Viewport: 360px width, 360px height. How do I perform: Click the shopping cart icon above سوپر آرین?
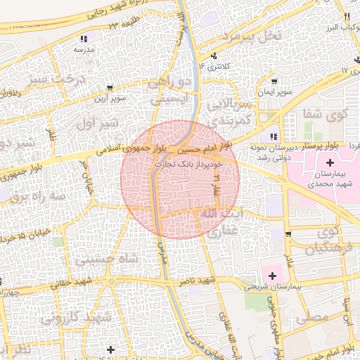110,88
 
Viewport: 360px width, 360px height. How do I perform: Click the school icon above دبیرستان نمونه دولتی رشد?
274,136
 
